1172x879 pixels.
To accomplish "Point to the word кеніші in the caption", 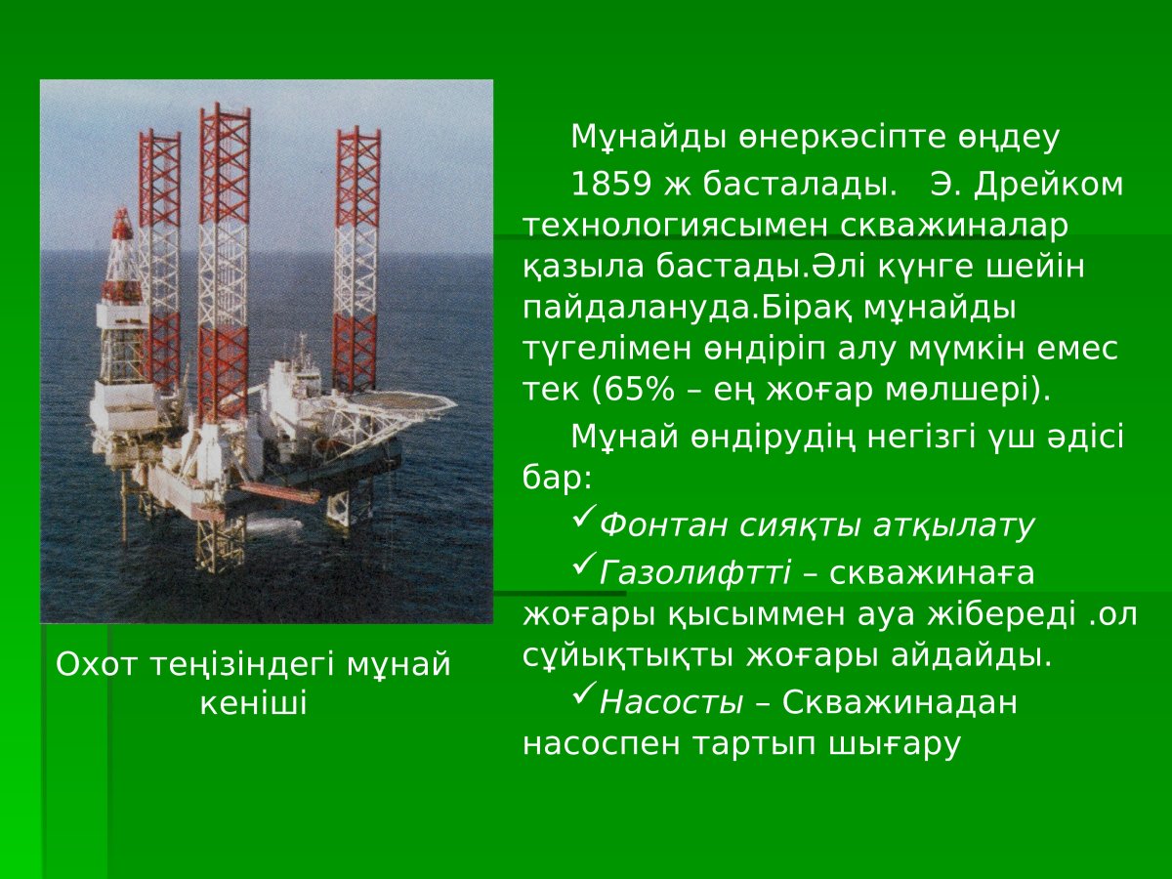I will (253, 703).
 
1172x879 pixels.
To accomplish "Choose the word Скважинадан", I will (900, 702).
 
